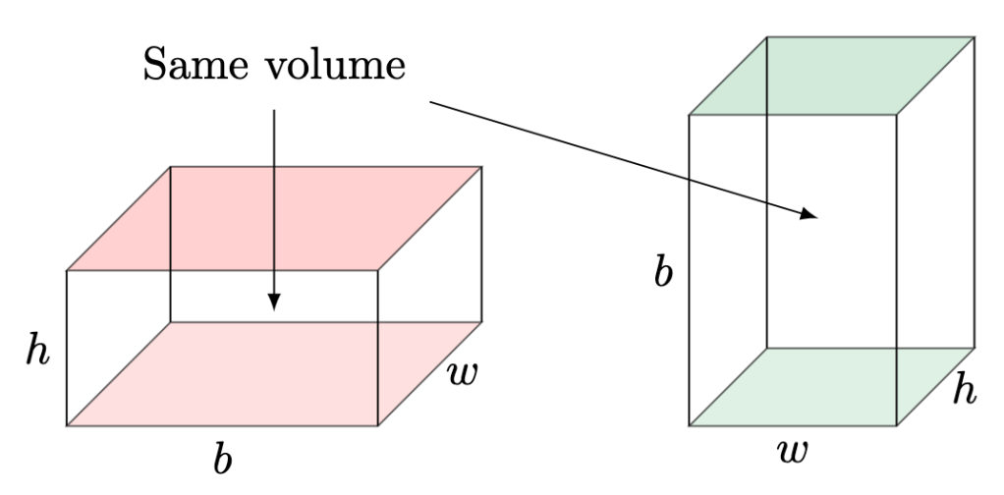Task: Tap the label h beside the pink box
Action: tap(37, 352)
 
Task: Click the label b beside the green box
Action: tap(664, 272)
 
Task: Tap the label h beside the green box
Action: tap(966, 391)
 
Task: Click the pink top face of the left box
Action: tap(274, 218)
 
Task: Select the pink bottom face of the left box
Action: tap(274, 374)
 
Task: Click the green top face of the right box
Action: tap(832, 76)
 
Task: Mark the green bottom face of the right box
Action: tap(832, 387)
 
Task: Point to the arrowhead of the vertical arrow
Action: tap(274, 302)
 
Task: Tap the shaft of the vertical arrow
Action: tap(274, 196)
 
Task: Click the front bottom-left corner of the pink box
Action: tap(67, 426)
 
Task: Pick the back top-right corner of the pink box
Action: tap(481, 167)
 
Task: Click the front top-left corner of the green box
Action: tap(690, 115)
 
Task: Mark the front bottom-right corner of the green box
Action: tap(896, 426)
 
